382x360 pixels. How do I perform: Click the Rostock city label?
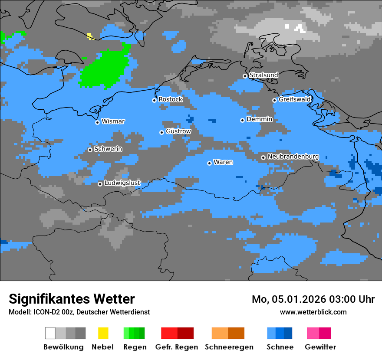[x=170, y=99]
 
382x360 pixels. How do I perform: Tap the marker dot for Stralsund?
[x=245, y=76]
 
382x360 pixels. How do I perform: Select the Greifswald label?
[x=295, y=99]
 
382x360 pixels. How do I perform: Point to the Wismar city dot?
[x=97, y=122]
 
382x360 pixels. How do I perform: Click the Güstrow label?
[x=178, y=131]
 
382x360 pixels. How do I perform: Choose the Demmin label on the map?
[x=259, y=119]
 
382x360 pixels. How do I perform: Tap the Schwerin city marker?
[x=90, y=150]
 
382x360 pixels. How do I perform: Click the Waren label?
[x=223, y=162]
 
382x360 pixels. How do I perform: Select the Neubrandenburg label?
[x=293, y=156]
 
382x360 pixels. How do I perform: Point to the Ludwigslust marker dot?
[x=100, y=184]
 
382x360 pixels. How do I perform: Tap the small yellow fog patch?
[x=90, y=36]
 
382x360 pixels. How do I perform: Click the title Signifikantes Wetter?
[x=72, y=299]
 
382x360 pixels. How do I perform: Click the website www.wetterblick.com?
[x=313, y=312]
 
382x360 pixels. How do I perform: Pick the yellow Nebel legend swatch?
[x=103, y=333]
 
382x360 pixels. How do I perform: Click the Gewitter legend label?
[x=320, y=347]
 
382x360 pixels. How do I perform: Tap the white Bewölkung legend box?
[x=50, y=333]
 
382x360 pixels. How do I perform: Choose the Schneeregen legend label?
[x=229, y=347]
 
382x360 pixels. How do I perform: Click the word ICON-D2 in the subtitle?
[x=44, y=312]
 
